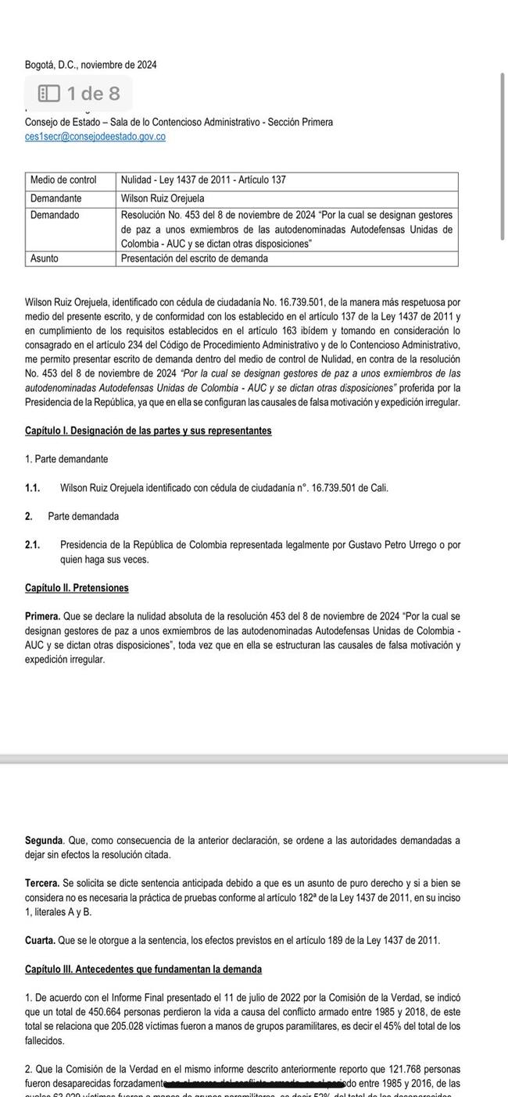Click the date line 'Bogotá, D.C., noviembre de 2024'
point(91,65)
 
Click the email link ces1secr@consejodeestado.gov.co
point(95,137)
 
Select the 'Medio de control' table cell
point(63,180)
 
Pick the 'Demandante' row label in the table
point(56,198)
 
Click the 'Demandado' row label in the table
point(55,215)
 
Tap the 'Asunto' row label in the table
point(45,258)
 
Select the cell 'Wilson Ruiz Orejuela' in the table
point(163,198)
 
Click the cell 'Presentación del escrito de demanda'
point(195,258)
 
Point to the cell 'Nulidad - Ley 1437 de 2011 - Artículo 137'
point(203,180)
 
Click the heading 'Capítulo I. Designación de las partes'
point(148,431)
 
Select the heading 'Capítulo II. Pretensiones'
point(77,588)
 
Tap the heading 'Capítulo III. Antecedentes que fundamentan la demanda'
point(143,970)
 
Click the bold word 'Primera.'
point(42,616)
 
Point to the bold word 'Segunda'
point(44,841)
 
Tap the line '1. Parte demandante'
point(66,459)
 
